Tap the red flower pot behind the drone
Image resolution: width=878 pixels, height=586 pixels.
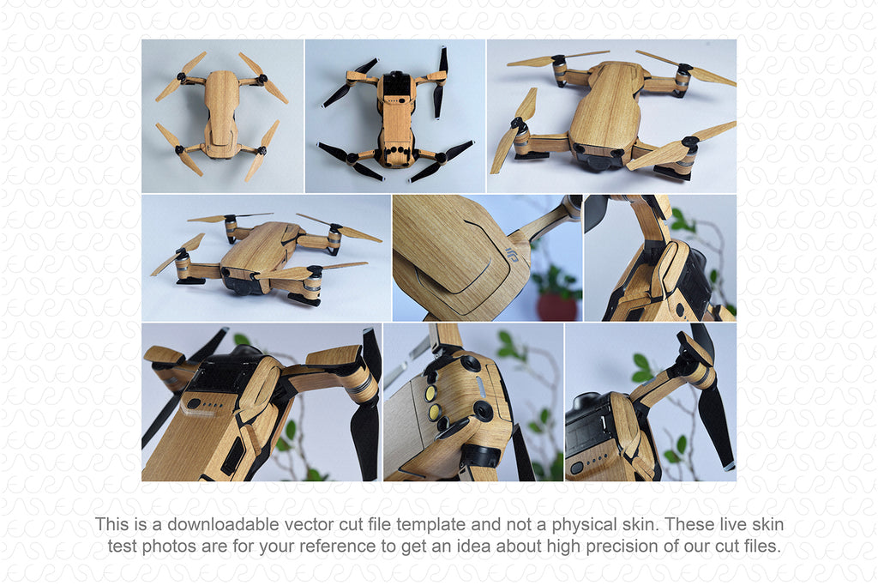[x=556, y=306]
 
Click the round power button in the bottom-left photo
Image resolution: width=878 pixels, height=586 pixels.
[x=194, y=403]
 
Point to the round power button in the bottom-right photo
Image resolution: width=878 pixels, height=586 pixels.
[x=577, y=467]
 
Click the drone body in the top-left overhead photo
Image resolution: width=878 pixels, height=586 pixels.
[x=221, y=116]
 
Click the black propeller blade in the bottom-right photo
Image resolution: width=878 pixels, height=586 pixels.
[x=715, y=429]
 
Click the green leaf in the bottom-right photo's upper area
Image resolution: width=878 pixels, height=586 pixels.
[x=641, y=362]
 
